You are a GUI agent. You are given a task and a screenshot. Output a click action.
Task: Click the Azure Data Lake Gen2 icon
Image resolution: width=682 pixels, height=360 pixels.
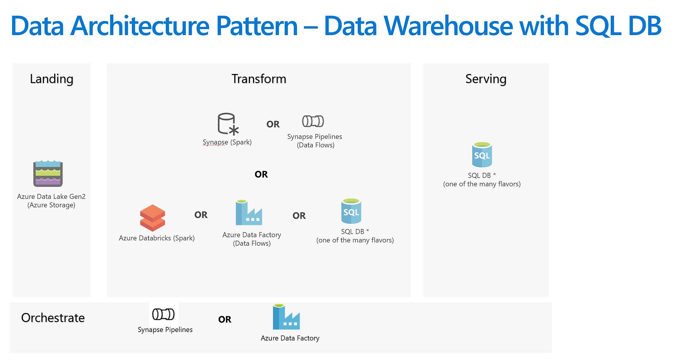48,174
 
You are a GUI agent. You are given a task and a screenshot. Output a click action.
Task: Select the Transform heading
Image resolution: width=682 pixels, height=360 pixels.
259,79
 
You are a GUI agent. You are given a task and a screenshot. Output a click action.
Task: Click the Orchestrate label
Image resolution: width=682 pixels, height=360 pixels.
53,318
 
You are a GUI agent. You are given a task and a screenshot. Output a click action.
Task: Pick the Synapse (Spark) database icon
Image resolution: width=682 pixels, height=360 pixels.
228,124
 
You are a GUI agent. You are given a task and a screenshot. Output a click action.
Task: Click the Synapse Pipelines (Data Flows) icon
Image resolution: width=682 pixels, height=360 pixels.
313,121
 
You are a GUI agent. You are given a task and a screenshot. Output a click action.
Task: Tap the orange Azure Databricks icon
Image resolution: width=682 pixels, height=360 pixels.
152,218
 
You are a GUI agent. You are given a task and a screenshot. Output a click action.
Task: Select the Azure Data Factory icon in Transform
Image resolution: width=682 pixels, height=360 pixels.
249,212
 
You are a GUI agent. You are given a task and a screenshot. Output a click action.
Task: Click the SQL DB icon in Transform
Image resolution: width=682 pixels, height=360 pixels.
351,211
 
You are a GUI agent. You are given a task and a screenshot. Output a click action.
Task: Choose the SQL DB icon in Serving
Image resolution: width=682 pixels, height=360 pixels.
482,154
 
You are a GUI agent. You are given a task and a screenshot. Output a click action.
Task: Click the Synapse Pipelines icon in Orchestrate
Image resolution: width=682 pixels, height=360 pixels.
163,314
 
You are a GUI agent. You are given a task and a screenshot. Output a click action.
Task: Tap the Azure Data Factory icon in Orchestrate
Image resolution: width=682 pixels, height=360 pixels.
286,317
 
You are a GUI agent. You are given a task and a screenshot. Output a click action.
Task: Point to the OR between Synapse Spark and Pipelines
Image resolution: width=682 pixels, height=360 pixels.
273,124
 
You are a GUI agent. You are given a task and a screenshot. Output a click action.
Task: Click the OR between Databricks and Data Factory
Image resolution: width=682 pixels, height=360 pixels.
201,215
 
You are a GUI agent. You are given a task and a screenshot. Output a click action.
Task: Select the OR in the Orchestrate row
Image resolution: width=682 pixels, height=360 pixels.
225,319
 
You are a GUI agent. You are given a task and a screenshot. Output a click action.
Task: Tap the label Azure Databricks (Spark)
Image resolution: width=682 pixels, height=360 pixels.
157,238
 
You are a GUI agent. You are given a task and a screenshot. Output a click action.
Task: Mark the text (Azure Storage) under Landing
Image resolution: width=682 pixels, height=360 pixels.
51,205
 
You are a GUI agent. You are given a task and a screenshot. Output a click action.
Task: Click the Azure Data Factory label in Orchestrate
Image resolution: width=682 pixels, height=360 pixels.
290,338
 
